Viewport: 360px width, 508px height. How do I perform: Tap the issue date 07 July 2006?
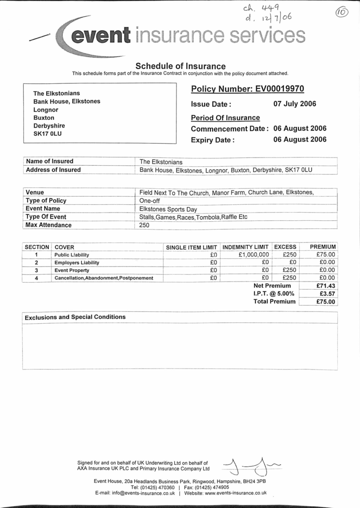(x=295, y=104)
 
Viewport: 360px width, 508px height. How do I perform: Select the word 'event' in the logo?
(x=101, y=34)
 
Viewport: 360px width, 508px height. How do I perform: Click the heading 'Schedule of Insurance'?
(x=180, y=66)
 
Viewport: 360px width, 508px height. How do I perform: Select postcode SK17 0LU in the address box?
(x=47, y=133)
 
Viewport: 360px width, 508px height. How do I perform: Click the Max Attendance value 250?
(x=145, y=225)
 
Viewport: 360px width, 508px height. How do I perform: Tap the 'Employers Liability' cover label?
(x=77, y=262)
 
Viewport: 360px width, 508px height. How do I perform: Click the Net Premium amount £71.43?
(x=326, y=286)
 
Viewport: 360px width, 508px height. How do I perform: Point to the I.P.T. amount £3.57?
(x=328, y=293)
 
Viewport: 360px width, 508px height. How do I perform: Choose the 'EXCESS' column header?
(x=285, y=247)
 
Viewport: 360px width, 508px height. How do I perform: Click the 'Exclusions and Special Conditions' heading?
(x=75, y=317)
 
